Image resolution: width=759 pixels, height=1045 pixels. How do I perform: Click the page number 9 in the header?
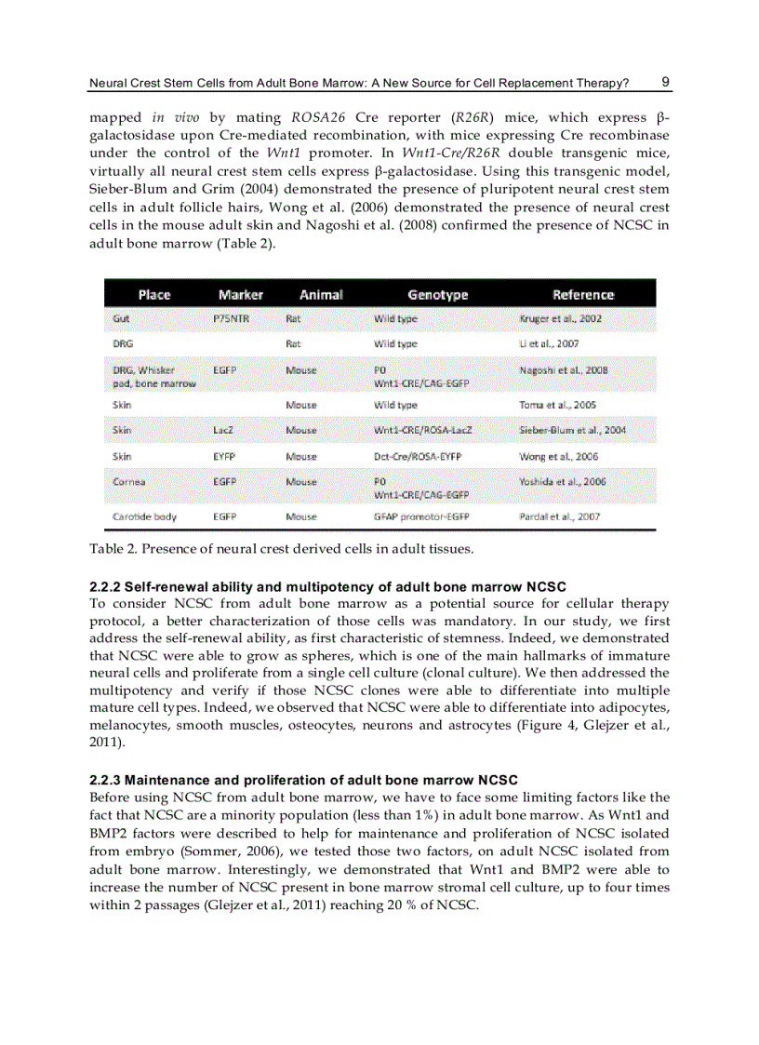tap(665, 82)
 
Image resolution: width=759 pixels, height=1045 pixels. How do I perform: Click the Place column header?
tap(154, 294)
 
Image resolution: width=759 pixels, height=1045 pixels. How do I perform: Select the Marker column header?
tap(241, 294)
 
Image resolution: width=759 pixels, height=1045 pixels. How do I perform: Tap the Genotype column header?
tap(438, 294)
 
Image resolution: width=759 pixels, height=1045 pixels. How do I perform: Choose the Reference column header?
tap(583, 294)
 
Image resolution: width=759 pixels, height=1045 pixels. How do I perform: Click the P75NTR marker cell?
tap(230, 319)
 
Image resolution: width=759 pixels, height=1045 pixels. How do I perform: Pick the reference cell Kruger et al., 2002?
tap(560, 319)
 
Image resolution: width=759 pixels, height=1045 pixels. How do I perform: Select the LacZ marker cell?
tap(223, 431)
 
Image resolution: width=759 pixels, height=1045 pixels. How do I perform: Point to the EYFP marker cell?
tap(224, 457)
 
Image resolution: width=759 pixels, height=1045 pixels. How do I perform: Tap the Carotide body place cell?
tap(144, 516)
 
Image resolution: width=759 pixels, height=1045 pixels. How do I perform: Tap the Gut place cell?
tap(121, 319)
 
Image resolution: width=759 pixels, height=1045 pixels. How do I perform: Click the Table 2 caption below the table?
tap(281, 548)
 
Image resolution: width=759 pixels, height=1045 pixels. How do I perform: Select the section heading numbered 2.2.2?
tap(327, 587)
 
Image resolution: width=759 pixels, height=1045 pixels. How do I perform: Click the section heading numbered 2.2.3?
tap(303, 779)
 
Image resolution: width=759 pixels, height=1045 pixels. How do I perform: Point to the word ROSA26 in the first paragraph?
tap(319, 118)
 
